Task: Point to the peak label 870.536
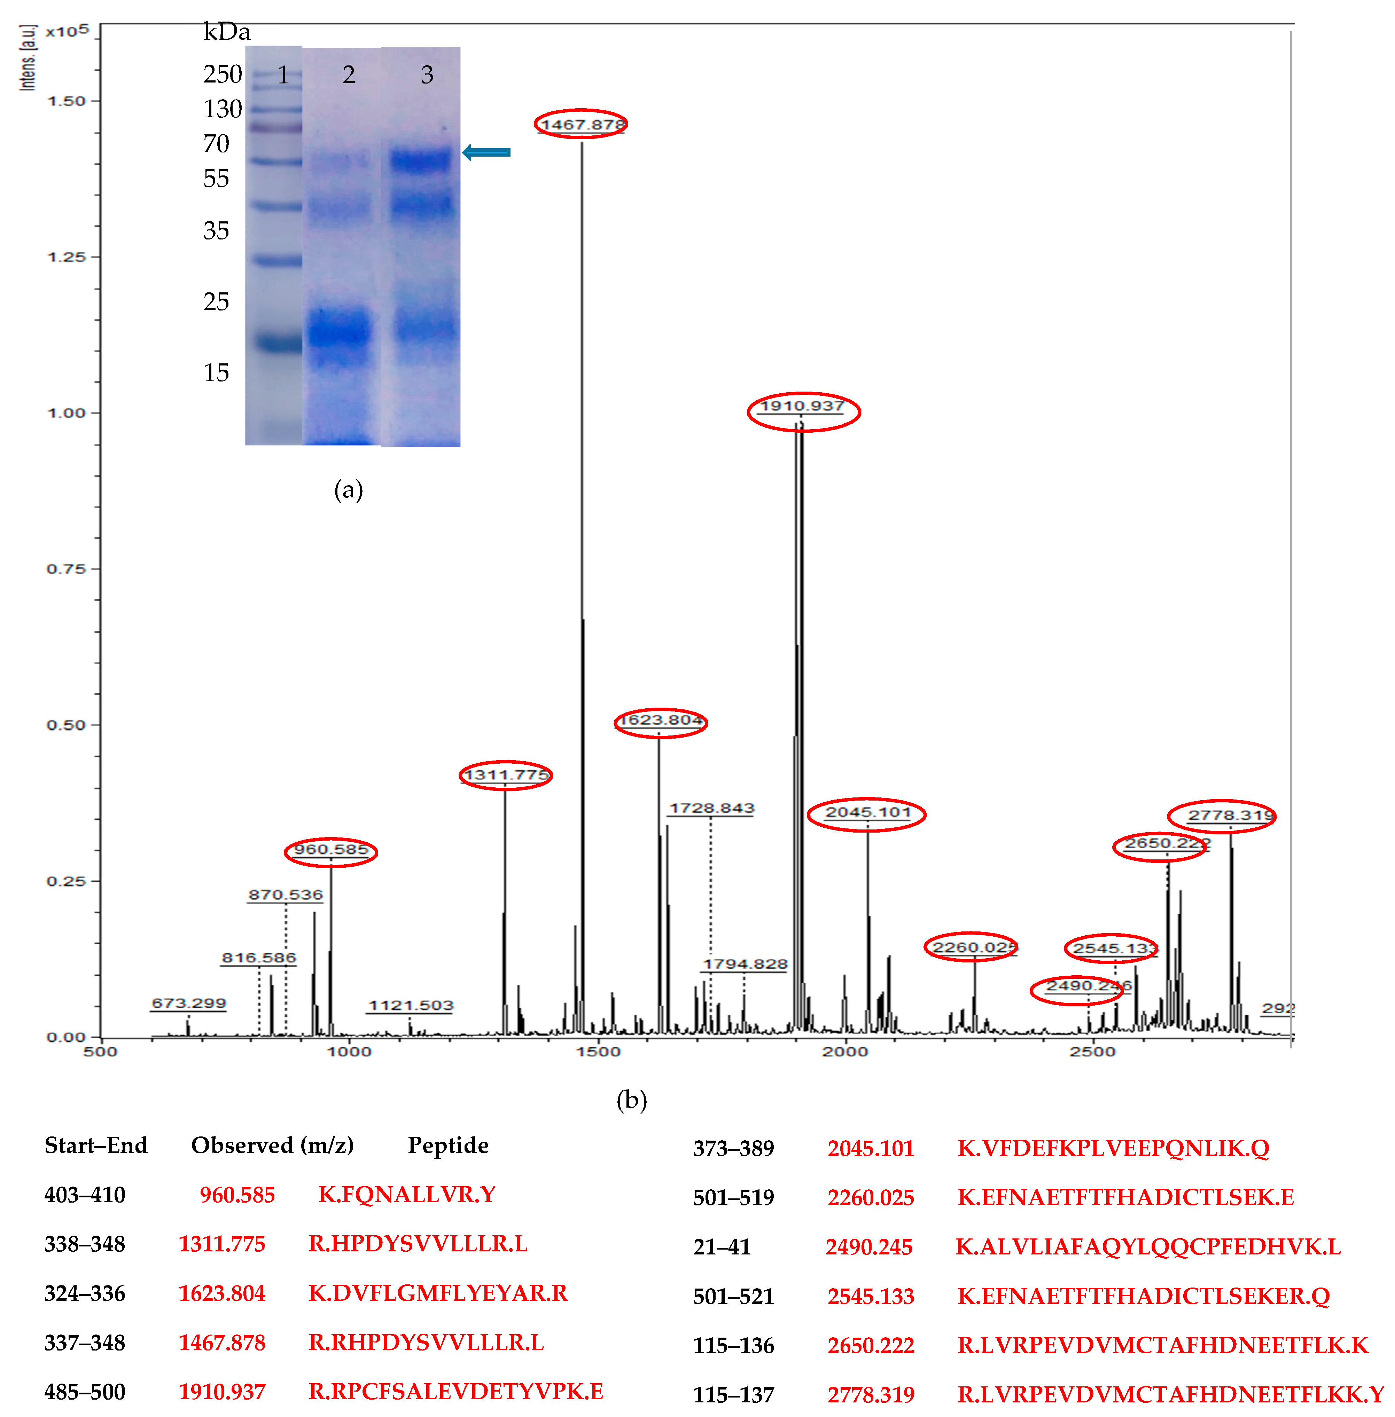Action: coord(285,895)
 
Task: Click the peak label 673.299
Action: coord(188,1003)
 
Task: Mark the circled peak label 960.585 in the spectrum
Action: coord(331,850)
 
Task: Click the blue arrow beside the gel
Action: coord(486,152)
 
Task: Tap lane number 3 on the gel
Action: coord(427,75)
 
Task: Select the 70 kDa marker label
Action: coord(216,143)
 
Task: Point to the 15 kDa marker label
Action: coord(216,373)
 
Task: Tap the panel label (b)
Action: coord(632,1100)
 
